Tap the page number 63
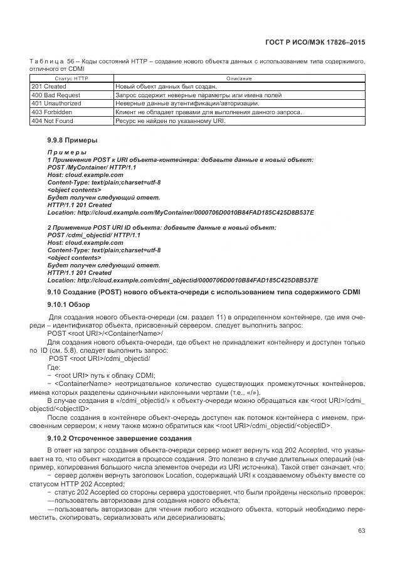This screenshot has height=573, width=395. (x=361, y=531)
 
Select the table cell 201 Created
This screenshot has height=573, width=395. (x=49, y=87)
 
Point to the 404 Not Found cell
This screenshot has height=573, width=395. (x=52, y=120)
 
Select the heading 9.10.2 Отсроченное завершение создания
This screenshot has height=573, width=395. (x=119, y=437)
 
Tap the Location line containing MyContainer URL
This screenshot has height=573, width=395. (x=181, y=213)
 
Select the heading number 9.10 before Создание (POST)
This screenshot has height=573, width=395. (x=56, y=292)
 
